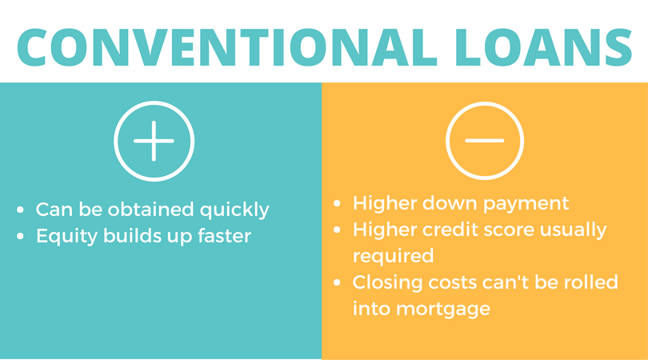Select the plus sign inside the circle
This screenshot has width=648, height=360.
[154, 140]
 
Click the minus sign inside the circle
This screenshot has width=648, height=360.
[485, 140]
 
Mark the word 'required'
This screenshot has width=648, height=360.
[393, 257]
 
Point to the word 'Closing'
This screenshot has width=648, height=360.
[386, 283]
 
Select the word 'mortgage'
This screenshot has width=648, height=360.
[438, 309]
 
